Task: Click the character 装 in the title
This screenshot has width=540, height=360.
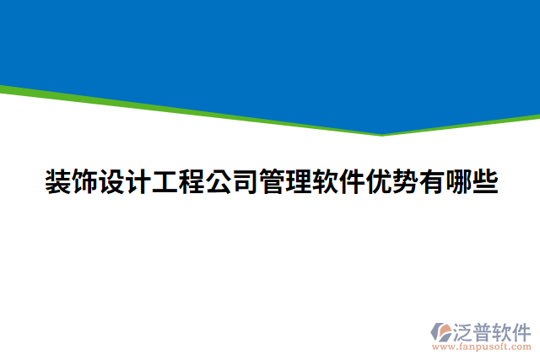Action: click(57, 182)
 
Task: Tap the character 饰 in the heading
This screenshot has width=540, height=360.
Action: click(84, 182)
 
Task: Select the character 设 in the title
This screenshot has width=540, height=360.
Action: click(111, 182)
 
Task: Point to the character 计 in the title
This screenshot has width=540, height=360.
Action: click(138, 182)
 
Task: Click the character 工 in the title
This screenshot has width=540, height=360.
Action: click(165, 182)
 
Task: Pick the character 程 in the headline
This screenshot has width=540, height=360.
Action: click(192, 182)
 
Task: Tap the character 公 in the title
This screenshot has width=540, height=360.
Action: click(219, 182)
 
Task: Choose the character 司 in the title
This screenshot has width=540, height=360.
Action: click(245, 182)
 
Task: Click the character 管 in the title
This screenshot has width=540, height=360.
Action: click(272, 182)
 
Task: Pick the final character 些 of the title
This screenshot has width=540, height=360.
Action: click(485, 182)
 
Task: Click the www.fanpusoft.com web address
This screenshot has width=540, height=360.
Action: click(481, 346)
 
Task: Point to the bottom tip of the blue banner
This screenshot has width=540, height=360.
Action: click(381, 133)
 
